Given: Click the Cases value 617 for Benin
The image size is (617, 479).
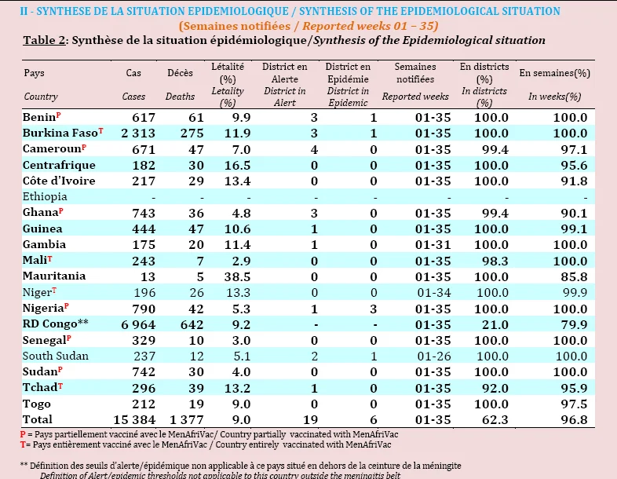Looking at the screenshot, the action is tap(144, 117).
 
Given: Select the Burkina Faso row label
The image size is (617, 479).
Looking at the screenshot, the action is tap(60, 133).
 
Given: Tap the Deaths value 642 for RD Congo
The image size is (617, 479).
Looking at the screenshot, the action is tap(192, 324).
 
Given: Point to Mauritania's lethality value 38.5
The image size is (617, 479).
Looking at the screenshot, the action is tap(237, 276).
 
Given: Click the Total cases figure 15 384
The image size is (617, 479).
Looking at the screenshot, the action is tap(134, 419).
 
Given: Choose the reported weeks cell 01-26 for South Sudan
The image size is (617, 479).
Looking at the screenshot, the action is tap(434, 357).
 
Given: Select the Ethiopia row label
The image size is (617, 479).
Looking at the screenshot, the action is tap(45, 196).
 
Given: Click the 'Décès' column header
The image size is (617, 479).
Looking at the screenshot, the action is tap(180, 73).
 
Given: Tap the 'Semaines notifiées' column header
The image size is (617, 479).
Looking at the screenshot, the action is tap(415, 73).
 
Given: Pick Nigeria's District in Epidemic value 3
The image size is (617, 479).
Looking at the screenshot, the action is tap(374, 309).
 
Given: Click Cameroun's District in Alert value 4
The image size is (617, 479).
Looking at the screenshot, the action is tap(314, 149).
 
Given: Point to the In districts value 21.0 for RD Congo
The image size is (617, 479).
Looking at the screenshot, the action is tap(495, 325).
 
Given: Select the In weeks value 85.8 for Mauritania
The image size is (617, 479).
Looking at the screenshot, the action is tap(574, 276).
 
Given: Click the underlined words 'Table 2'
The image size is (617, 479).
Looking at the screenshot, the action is tap(44, 40).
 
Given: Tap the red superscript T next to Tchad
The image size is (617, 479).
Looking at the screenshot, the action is tap(60, 386).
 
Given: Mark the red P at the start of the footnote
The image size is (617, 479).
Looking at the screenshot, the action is tap(23, 434).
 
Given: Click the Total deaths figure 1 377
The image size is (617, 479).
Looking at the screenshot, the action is tap(187, 419).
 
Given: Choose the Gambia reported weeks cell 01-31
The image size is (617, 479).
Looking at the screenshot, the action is tap(433, 245).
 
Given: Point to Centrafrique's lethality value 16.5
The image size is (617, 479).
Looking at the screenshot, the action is tap(237, 166).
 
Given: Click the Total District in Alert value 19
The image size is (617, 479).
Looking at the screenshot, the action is tap(311, 419).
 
